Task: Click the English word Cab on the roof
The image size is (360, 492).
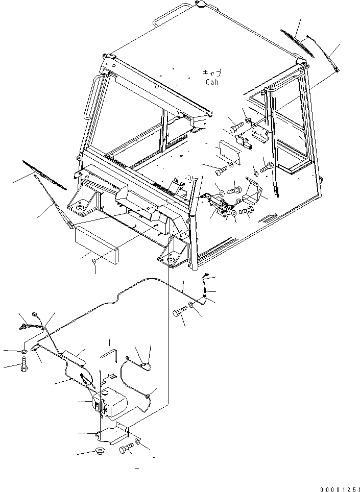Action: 212,82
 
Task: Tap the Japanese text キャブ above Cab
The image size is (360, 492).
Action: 212,73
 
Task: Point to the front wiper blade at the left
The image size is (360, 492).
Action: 44,175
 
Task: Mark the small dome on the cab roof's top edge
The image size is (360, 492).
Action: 200,4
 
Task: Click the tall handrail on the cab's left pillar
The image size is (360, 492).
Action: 91,96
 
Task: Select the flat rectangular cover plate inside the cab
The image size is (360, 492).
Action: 230,153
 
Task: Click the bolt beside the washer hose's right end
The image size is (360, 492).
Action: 179,313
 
